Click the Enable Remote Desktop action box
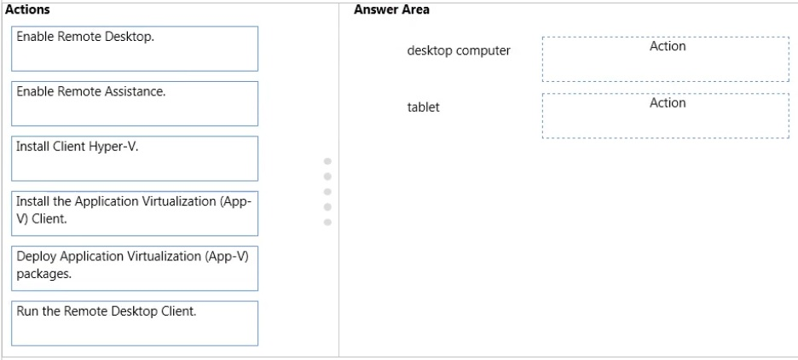(135, 49)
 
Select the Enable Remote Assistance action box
(135, 103)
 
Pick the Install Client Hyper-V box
(135, 159)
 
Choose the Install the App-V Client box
(135, 213)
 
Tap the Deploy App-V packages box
(135, 269)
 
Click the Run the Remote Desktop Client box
(135, 323)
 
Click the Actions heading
(27, 9)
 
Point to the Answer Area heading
(391, 9)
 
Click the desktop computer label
(459, 51)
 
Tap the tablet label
(423, 107)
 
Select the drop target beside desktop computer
(666, 59)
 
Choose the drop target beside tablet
(666, 115)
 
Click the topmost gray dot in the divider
(327, 161)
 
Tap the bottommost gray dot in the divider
(327, 222)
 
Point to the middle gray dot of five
(327, 191)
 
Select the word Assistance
(138, 91)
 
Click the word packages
(43, 275)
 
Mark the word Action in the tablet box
(668, 103)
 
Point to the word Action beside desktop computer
(668, 46)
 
